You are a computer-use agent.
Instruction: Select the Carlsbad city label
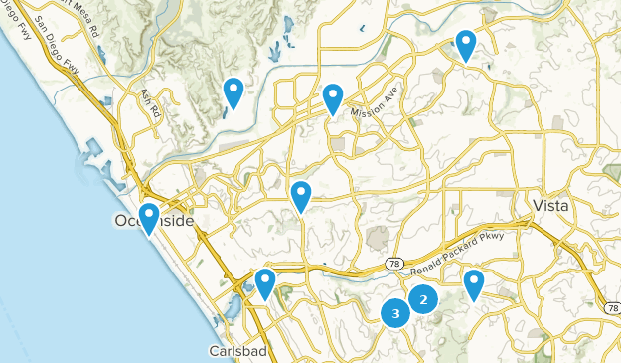[x=234, y=351]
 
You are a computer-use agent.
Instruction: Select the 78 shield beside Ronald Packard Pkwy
[x=393, y=264]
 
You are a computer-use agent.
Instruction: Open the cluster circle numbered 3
[x=395, y=314]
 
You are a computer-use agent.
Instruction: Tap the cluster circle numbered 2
[x=423, y=298]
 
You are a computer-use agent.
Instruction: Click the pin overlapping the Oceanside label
[x=149, y=217]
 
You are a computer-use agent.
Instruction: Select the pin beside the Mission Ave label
[x=333, y=97]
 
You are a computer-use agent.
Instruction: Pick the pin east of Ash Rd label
[x=233, y=92]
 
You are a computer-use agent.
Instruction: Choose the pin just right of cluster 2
[x=474, y=283]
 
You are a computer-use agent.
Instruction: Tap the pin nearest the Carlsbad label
[x=264, y=283]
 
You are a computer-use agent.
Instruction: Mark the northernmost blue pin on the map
[x=465, y=44]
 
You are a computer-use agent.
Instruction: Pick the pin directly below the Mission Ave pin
[x=301, y=196]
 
